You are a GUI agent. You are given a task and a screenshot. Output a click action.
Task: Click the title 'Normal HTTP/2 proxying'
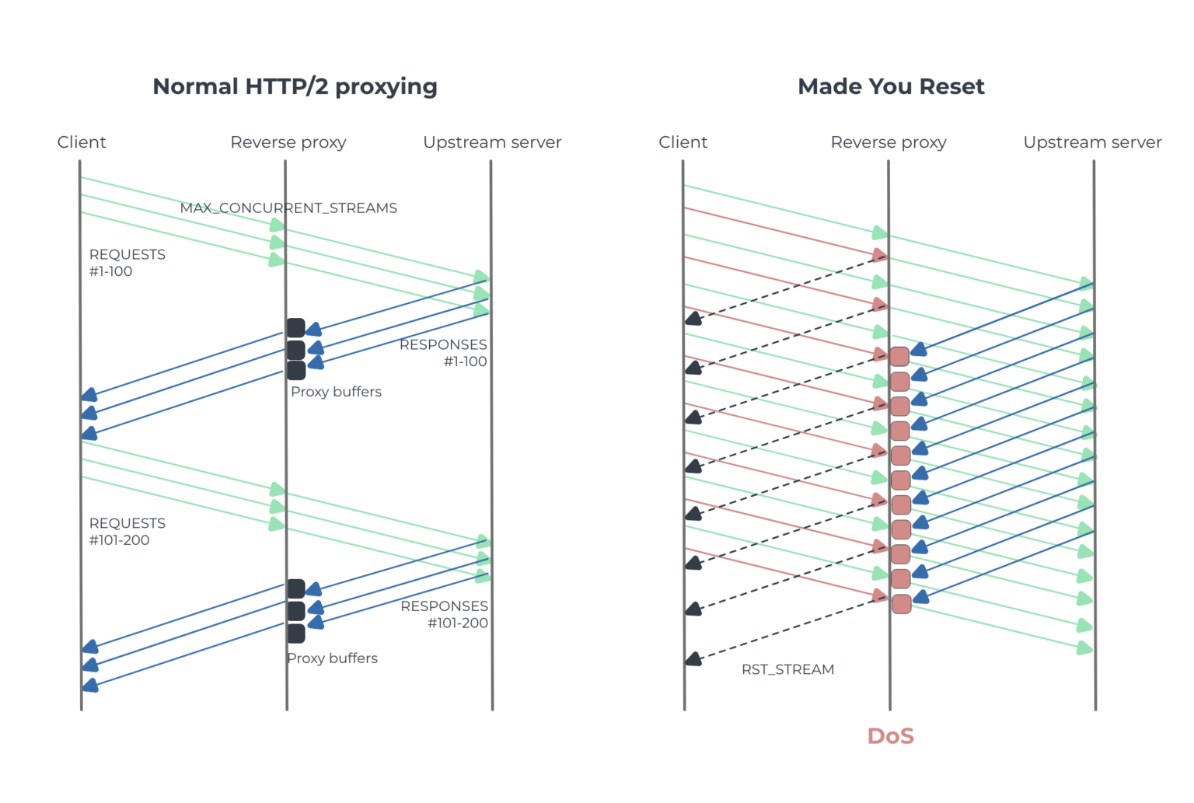295,86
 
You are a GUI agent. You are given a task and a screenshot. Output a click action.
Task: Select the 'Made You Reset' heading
891,86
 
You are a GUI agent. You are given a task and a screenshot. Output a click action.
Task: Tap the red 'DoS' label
890,735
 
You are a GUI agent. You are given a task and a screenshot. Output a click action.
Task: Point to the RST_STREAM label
787,669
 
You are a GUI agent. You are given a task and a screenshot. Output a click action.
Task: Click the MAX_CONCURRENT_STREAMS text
288,208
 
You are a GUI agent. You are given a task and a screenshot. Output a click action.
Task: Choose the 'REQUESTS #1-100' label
127,263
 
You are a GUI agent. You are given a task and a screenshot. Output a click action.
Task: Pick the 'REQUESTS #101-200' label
127,532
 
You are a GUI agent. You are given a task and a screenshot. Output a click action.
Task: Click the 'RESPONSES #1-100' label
443,353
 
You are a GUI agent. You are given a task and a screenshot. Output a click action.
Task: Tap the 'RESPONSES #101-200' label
444,614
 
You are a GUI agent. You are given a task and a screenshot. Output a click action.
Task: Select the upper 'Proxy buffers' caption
336,392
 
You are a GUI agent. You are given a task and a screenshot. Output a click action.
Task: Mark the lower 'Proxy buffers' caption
332,658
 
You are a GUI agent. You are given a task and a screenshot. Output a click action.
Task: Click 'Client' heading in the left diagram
82,142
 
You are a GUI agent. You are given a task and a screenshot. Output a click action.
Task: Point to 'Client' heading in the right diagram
683,142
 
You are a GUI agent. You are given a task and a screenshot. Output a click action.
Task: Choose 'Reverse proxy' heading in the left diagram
288,142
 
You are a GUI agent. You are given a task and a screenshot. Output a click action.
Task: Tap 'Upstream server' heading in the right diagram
1092,142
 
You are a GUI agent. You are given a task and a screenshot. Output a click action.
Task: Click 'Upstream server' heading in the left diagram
492,142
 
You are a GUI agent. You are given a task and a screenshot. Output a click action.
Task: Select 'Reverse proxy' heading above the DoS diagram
889,142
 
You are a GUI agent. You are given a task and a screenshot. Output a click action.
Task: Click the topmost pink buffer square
899,357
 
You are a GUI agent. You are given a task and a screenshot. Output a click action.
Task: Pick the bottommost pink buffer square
901,604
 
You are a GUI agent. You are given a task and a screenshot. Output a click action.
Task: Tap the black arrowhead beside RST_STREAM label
693,659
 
